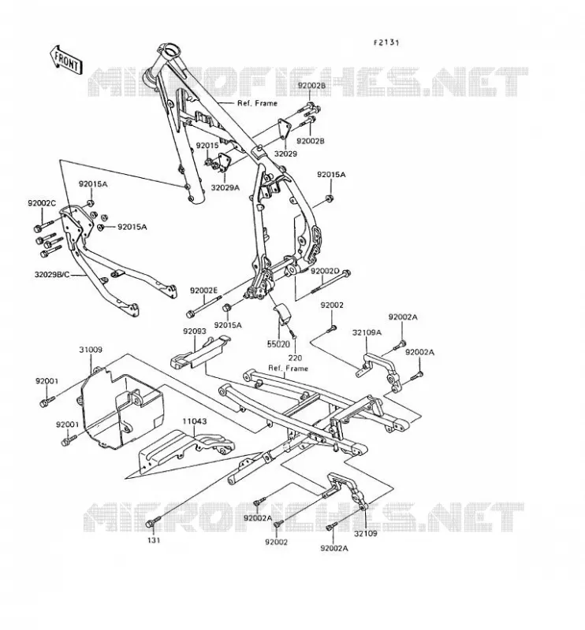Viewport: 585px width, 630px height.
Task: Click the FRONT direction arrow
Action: coord(66,60)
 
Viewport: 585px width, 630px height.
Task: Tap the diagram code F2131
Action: coord(386,43)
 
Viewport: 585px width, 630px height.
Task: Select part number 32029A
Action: coord(225,187)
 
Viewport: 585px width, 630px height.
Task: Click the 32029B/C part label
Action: coord(52,275)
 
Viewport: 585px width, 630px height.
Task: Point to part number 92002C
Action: coord(42,203)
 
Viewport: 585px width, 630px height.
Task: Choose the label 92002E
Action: coord(203,290)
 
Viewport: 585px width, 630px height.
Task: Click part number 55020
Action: coord(278,344)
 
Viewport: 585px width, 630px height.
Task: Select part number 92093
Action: coord(195,332)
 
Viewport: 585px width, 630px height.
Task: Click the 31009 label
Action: coord(91,350)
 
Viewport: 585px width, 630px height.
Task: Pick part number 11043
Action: coord(195,421)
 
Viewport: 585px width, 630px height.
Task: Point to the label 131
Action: coord(154,540)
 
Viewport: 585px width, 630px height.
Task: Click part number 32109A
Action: coord(367,332)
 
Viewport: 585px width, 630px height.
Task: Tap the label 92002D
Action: coord(325,271)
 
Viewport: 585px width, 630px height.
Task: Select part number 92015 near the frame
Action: coord(207,146)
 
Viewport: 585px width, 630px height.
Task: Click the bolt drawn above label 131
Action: coord(153,522)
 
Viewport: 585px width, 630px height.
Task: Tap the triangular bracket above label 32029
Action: coord(285,129)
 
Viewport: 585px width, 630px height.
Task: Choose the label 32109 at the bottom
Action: coord(366,534)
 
